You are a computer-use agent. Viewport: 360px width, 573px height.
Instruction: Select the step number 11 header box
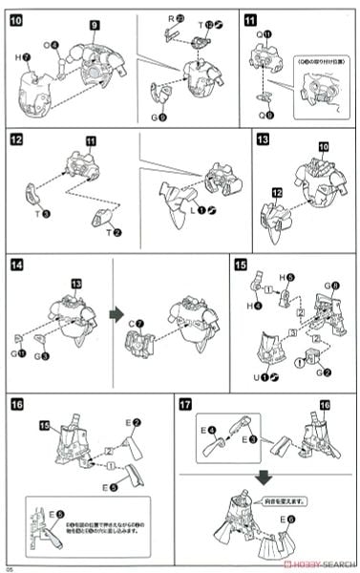point(249,17)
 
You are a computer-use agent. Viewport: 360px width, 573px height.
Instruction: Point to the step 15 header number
point(241,265)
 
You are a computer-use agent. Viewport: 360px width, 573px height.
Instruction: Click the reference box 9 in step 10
point(95,24)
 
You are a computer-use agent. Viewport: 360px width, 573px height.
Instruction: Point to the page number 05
point(9,567)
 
